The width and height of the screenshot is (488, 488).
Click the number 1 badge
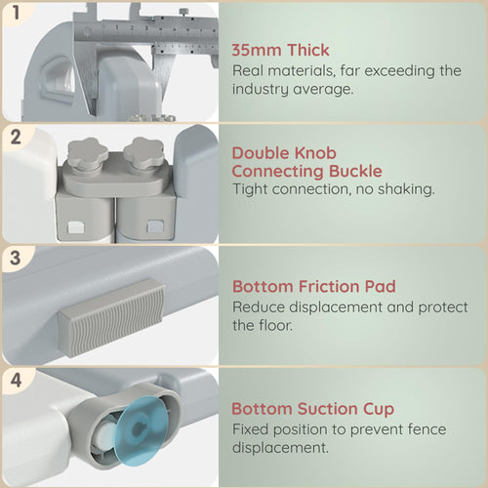[16, 13]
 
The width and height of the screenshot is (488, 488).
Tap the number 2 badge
[16, 137]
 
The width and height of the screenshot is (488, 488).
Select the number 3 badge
[16, 259]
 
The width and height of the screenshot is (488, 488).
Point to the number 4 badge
[16, 380]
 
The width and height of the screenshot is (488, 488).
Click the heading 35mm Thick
[280, 50]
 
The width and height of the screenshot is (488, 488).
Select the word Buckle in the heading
[355, 171]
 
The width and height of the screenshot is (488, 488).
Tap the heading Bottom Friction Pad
[314, 287]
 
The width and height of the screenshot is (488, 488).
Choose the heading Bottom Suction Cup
[312, 409]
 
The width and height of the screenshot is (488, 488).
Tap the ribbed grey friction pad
[111, 318]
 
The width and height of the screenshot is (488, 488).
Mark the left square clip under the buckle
[76, 227]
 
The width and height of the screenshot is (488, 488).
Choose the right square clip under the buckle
[154, 226]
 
